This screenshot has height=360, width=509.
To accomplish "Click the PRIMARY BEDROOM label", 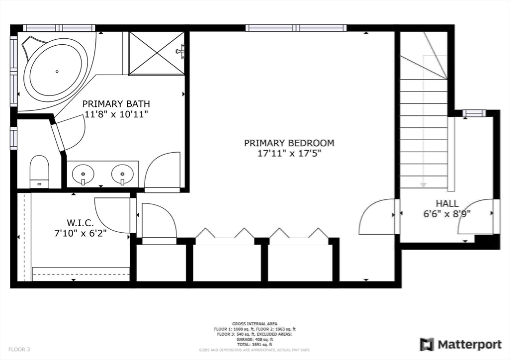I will coord(289,143).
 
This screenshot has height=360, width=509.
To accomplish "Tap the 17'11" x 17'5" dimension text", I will coord(289,154).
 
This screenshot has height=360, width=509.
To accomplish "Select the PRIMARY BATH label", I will coord(116,104).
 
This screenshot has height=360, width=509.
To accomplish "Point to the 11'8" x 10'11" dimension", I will coord(116,114).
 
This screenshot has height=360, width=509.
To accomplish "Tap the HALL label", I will coord(447,203).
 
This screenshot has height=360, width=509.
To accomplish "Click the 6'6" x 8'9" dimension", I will coord(447,214).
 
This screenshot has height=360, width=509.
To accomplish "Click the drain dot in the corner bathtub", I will coord(56,72).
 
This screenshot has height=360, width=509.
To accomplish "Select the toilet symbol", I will coord(39,171).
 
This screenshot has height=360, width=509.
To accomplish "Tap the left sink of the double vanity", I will coord(83,175).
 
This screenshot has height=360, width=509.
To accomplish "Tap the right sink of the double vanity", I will coord(122,175).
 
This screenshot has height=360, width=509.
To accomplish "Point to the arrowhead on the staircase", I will coord(423,184).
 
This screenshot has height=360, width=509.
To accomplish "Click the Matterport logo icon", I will coord(426,344).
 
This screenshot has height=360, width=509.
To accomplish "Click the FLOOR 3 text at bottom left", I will coord(19,350).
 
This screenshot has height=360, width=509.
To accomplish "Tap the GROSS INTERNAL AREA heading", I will coord(254,324).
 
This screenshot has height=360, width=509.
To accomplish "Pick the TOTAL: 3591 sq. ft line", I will coord(254,344).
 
